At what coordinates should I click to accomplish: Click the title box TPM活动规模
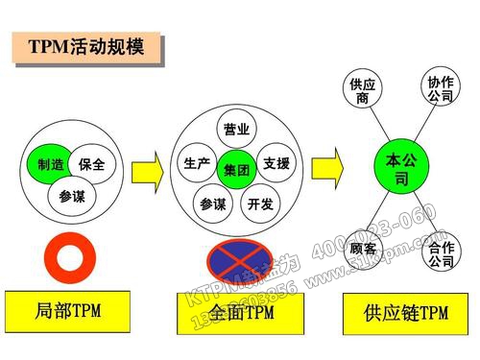pos(84,46)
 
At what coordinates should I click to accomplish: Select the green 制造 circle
pos(45,164)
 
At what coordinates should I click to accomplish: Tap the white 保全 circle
pos(92,164)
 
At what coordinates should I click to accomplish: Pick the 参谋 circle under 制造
pos(71,196)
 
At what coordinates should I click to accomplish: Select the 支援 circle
pos(276,163)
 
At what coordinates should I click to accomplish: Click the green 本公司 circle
pos(396,168)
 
